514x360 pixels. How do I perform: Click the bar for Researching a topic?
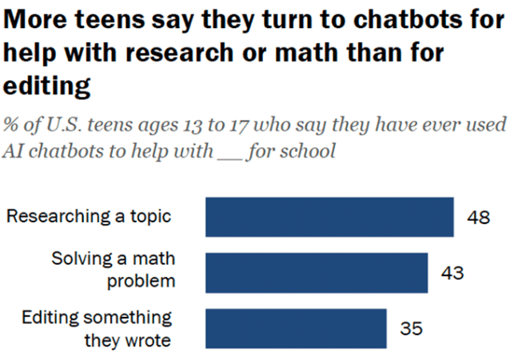point(329,217)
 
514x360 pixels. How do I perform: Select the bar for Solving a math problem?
point(317,272)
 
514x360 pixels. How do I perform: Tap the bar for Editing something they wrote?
point(296,328)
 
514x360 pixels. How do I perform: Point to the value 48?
point(478,218)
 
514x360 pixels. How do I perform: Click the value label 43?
point(452,273)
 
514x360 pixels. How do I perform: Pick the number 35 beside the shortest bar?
point(411,329)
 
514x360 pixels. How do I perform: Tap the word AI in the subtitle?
point(16,151)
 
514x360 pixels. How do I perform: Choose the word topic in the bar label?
point(151,216)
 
